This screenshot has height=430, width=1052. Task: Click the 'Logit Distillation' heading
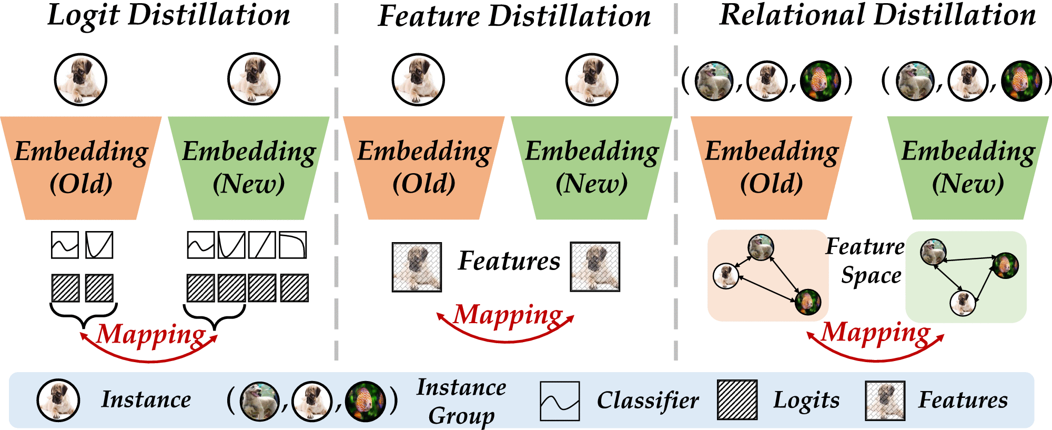[168, 16]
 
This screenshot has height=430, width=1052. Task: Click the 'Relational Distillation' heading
[877, 16]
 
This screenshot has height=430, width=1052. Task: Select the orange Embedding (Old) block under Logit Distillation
[81, 167]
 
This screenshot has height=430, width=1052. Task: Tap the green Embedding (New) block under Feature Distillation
[592, 167]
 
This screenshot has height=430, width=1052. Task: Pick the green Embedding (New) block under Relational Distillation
[968, 167]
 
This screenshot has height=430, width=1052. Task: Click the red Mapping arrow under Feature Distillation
[505, 337]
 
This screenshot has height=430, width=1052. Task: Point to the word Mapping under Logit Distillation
[151, 334]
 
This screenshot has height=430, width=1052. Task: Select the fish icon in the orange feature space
[808, 302]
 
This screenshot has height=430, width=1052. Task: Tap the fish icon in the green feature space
[1005, 265]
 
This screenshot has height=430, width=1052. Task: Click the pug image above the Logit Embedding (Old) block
[80, 79]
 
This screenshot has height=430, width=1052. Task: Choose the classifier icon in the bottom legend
[560, 401]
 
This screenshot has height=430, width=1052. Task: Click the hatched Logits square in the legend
[737, 400]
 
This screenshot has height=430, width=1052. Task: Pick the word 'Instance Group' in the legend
[461, 401]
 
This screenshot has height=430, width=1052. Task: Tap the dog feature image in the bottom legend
[885, 401]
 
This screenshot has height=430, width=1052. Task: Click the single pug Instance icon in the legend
[58, 400]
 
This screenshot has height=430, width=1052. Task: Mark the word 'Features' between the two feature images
[509, 261]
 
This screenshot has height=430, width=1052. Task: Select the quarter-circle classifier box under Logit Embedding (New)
[293, 245]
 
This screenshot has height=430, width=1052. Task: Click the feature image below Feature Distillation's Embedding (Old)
[417, 267]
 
